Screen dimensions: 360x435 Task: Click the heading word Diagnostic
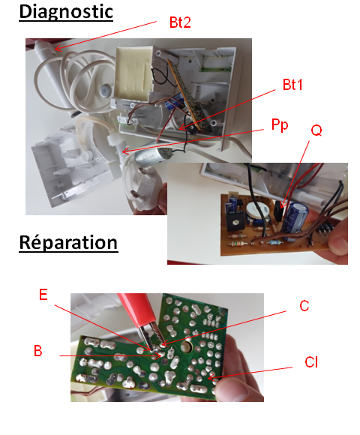point(66,12)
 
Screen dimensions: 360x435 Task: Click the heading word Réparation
point(68,243)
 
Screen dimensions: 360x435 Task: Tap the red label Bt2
point(180,22)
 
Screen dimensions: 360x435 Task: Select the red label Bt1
point(292,85)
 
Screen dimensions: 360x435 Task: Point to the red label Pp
point(280,125)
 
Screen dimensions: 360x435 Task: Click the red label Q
point(316,130)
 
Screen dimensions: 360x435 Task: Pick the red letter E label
point(43,295)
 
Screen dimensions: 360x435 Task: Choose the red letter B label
point(38,351)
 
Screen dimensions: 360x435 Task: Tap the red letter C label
point(304,306)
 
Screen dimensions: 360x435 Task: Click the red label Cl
point(311,362)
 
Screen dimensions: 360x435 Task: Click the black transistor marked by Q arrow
point(278,211)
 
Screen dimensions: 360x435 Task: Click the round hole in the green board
point(187,346)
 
